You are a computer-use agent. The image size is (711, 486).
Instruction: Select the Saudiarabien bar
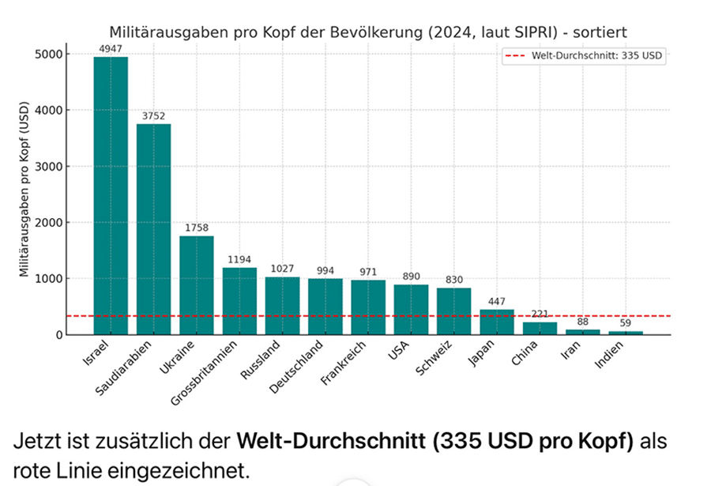tap(153, 229)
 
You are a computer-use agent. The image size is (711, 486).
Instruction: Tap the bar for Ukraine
tap(197, 285)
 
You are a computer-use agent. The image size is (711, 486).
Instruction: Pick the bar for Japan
tap(497, 322)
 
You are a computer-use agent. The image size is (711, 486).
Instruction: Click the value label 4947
tap(111, 49)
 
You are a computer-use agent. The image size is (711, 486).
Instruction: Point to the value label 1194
tap(239, 259)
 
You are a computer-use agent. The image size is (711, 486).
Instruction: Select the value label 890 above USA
tap(411, 277)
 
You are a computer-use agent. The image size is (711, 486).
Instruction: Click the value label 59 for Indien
tap(626, 322)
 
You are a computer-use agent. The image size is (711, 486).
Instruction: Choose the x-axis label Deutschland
tap(296, 368)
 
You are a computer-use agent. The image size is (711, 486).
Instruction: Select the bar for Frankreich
tap(368, 307)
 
